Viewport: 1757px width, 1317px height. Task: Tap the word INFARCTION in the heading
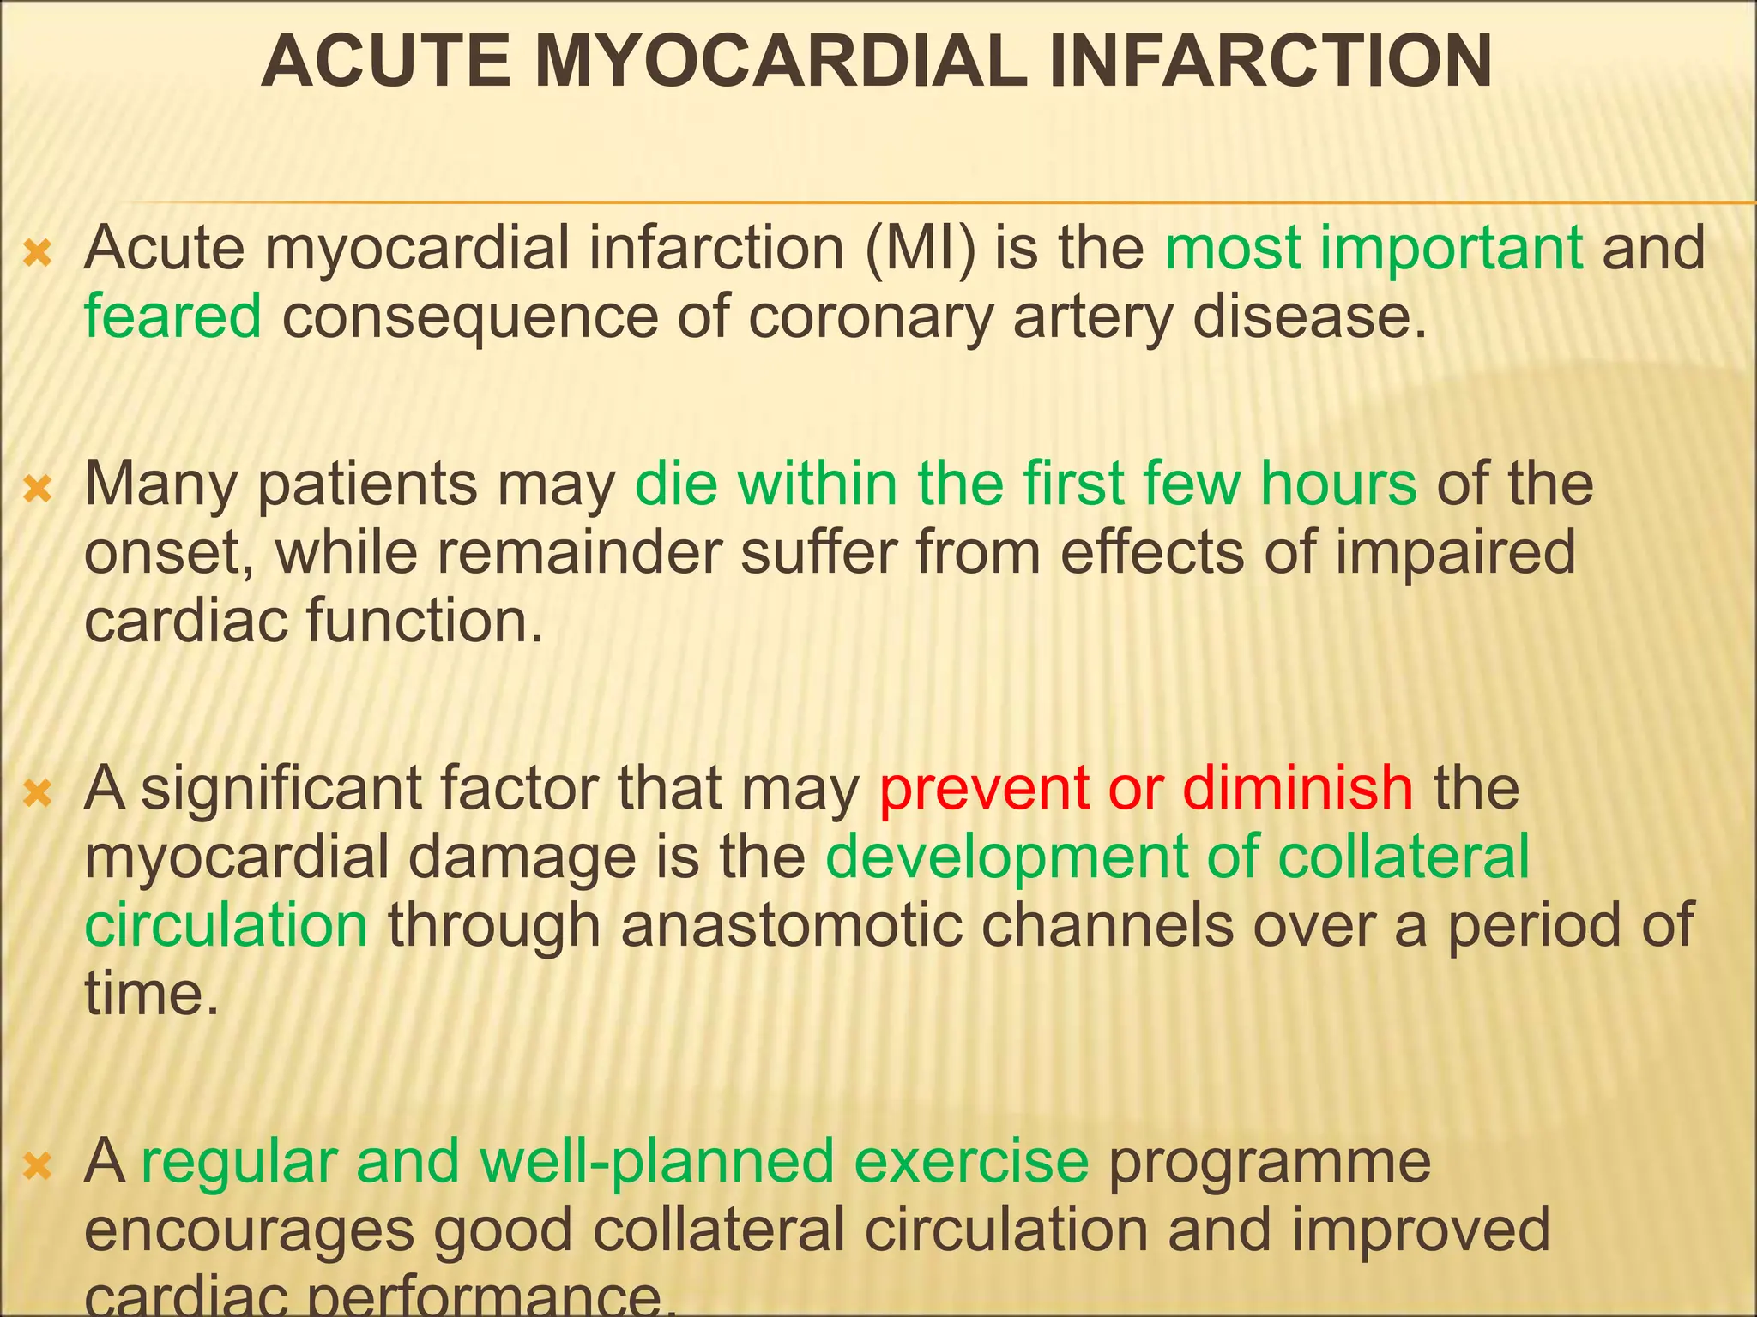click(x=1270, y=62)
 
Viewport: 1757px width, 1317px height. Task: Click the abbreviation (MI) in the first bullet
click(x=921, y=248)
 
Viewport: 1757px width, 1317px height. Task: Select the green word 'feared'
click(x=172, y=316)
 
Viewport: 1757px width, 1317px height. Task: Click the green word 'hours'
click(x=1338, y=484)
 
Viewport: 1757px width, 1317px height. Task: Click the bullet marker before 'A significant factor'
click(x=39, y=794)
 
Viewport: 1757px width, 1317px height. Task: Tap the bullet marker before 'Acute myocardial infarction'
click(x=39, y=254)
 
